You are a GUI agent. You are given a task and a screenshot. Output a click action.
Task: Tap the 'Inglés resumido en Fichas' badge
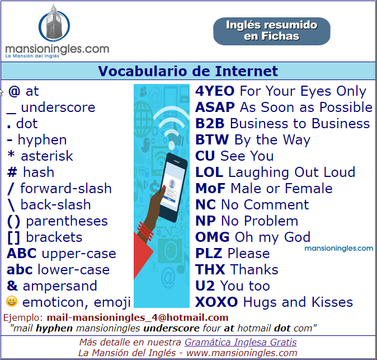(x=272, y=31)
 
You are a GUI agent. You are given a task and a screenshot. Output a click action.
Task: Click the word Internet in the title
(x=247, y=71)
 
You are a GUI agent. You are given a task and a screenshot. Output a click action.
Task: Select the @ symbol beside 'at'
(x=14, y=91)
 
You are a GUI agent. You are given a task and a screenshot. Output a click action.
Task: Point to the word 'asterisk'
(x=47, y=156)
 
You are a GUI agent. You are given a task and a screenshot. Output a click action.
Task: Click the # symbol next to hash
(x=12, y=172)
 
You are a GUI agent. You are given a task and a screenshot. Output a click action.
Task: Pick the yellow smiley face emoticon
(x=12, y=302)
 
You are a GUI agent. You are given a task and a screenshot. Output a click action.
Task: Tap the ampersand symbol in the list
(x=12, y=286)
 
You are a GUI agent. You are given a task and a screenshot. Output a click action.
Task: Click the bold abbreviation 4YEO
(x=215, y=91)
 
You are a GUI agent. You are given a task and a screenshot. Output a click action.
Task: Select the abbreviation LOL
(x=209, y=172)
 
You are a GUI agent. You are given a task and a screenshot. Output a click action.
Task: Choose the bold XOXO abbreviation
(x=216, y=302)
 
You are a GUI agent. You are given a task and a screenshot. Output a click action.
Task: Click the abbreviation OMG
(x=213, y=237)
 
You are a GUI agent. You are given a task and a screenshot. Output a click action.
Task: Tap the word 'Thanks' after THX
(x=254, y=269)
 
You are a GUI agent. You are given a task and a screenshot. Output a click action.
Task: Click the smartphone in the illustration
(x=173, y=187)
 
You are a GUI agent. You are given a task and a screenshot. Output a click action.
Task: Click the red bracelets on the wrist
(x=145, y=231)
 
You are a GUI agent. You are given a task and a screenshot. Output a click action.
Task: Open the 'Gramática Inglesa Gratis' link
(x=241, y=342)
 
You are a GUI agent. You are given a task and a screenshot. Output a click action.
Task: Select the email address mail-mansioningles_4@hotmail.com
(x=138, y=317)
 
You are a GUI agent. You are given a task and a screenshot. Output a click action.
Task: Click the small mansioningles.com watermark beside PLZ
(x=339, y=249)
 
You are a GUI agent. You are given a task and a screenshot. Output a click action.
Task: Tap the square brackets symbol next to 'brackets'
(x=13, y=237)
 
